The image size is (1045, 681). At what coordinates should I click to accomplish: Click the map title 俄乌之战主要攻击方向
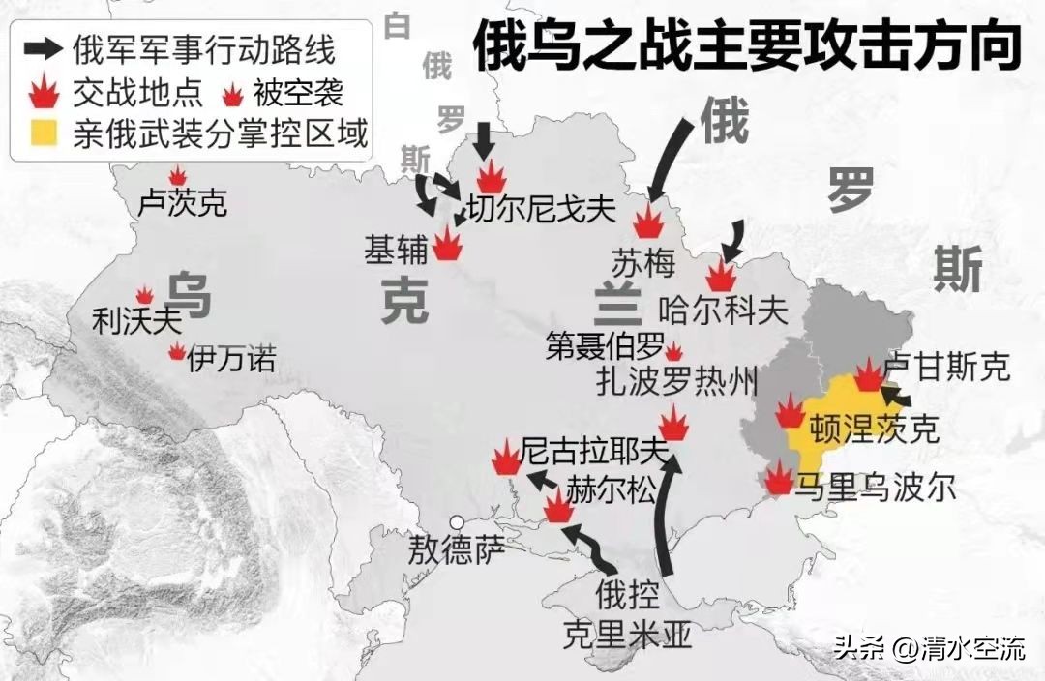746,47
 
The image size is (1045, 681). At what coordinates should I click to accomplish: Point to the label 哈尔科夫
722,310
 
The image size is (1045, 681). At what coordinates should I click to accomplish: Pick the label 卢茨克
183,204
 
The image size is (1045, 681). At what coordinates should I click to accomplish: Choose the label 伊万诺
231,360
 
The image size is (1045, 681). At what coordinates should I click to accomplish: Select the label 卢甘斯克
947,367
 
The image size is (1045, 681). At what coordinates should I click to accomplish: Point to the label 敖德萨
456,551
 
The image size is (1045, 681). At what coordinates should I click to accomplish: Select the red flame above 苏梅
648,222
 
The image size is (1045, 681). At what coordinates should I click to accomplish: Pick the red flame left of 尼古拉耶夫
505,459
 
